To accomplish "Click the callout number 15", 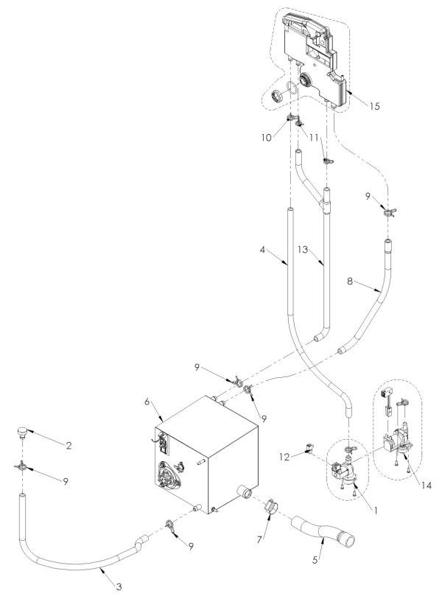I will coord(374,106).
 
